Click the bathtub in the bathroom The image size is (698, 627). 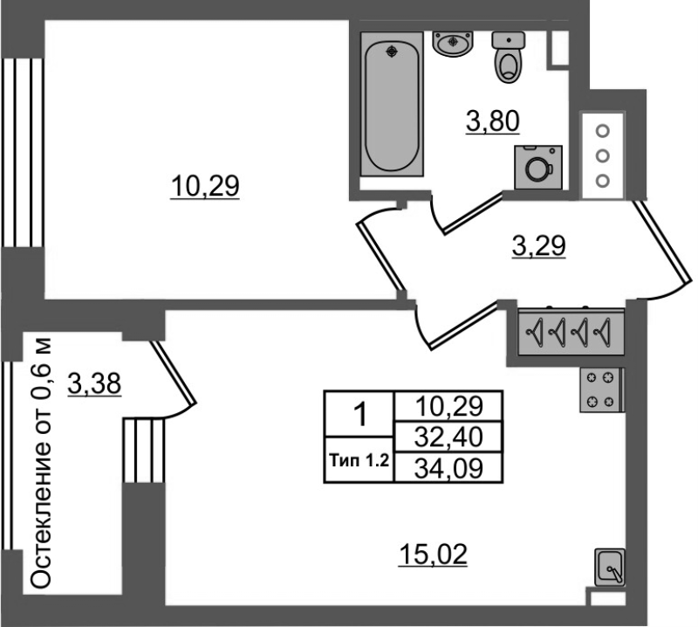(392, 104)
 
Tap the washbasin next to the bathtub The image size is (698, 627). (452, 45)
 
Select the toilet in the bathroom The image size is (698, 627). (509, 57)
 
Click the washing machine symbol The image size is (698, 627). (538, 167)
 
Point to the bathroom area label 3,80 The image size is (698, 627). (493, 121)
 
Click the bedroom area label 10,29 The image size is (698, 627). (205, 186)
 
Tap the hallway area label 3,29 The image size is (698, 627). (538, 246)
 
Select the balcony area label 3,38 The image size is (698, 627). (94, 383)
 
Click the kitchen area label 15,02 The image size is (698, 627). (433, 555)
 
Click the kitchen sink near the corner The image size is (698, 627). (610, 568)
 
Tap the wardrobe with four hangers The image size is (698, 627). (571, 332)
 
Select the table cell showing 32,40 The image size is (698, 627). (448, 437)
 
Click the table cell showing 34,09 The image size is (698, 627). (448, 468)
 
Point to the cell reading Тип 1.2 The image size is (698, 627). (359, 460)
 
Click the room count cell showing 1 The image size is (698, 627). (359, 414)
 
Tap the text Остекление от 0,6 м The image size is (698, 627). (41, 463)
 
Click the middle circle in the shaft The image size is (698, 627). (603, 156)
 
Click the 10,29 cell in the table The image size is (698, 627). (448, 406)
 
